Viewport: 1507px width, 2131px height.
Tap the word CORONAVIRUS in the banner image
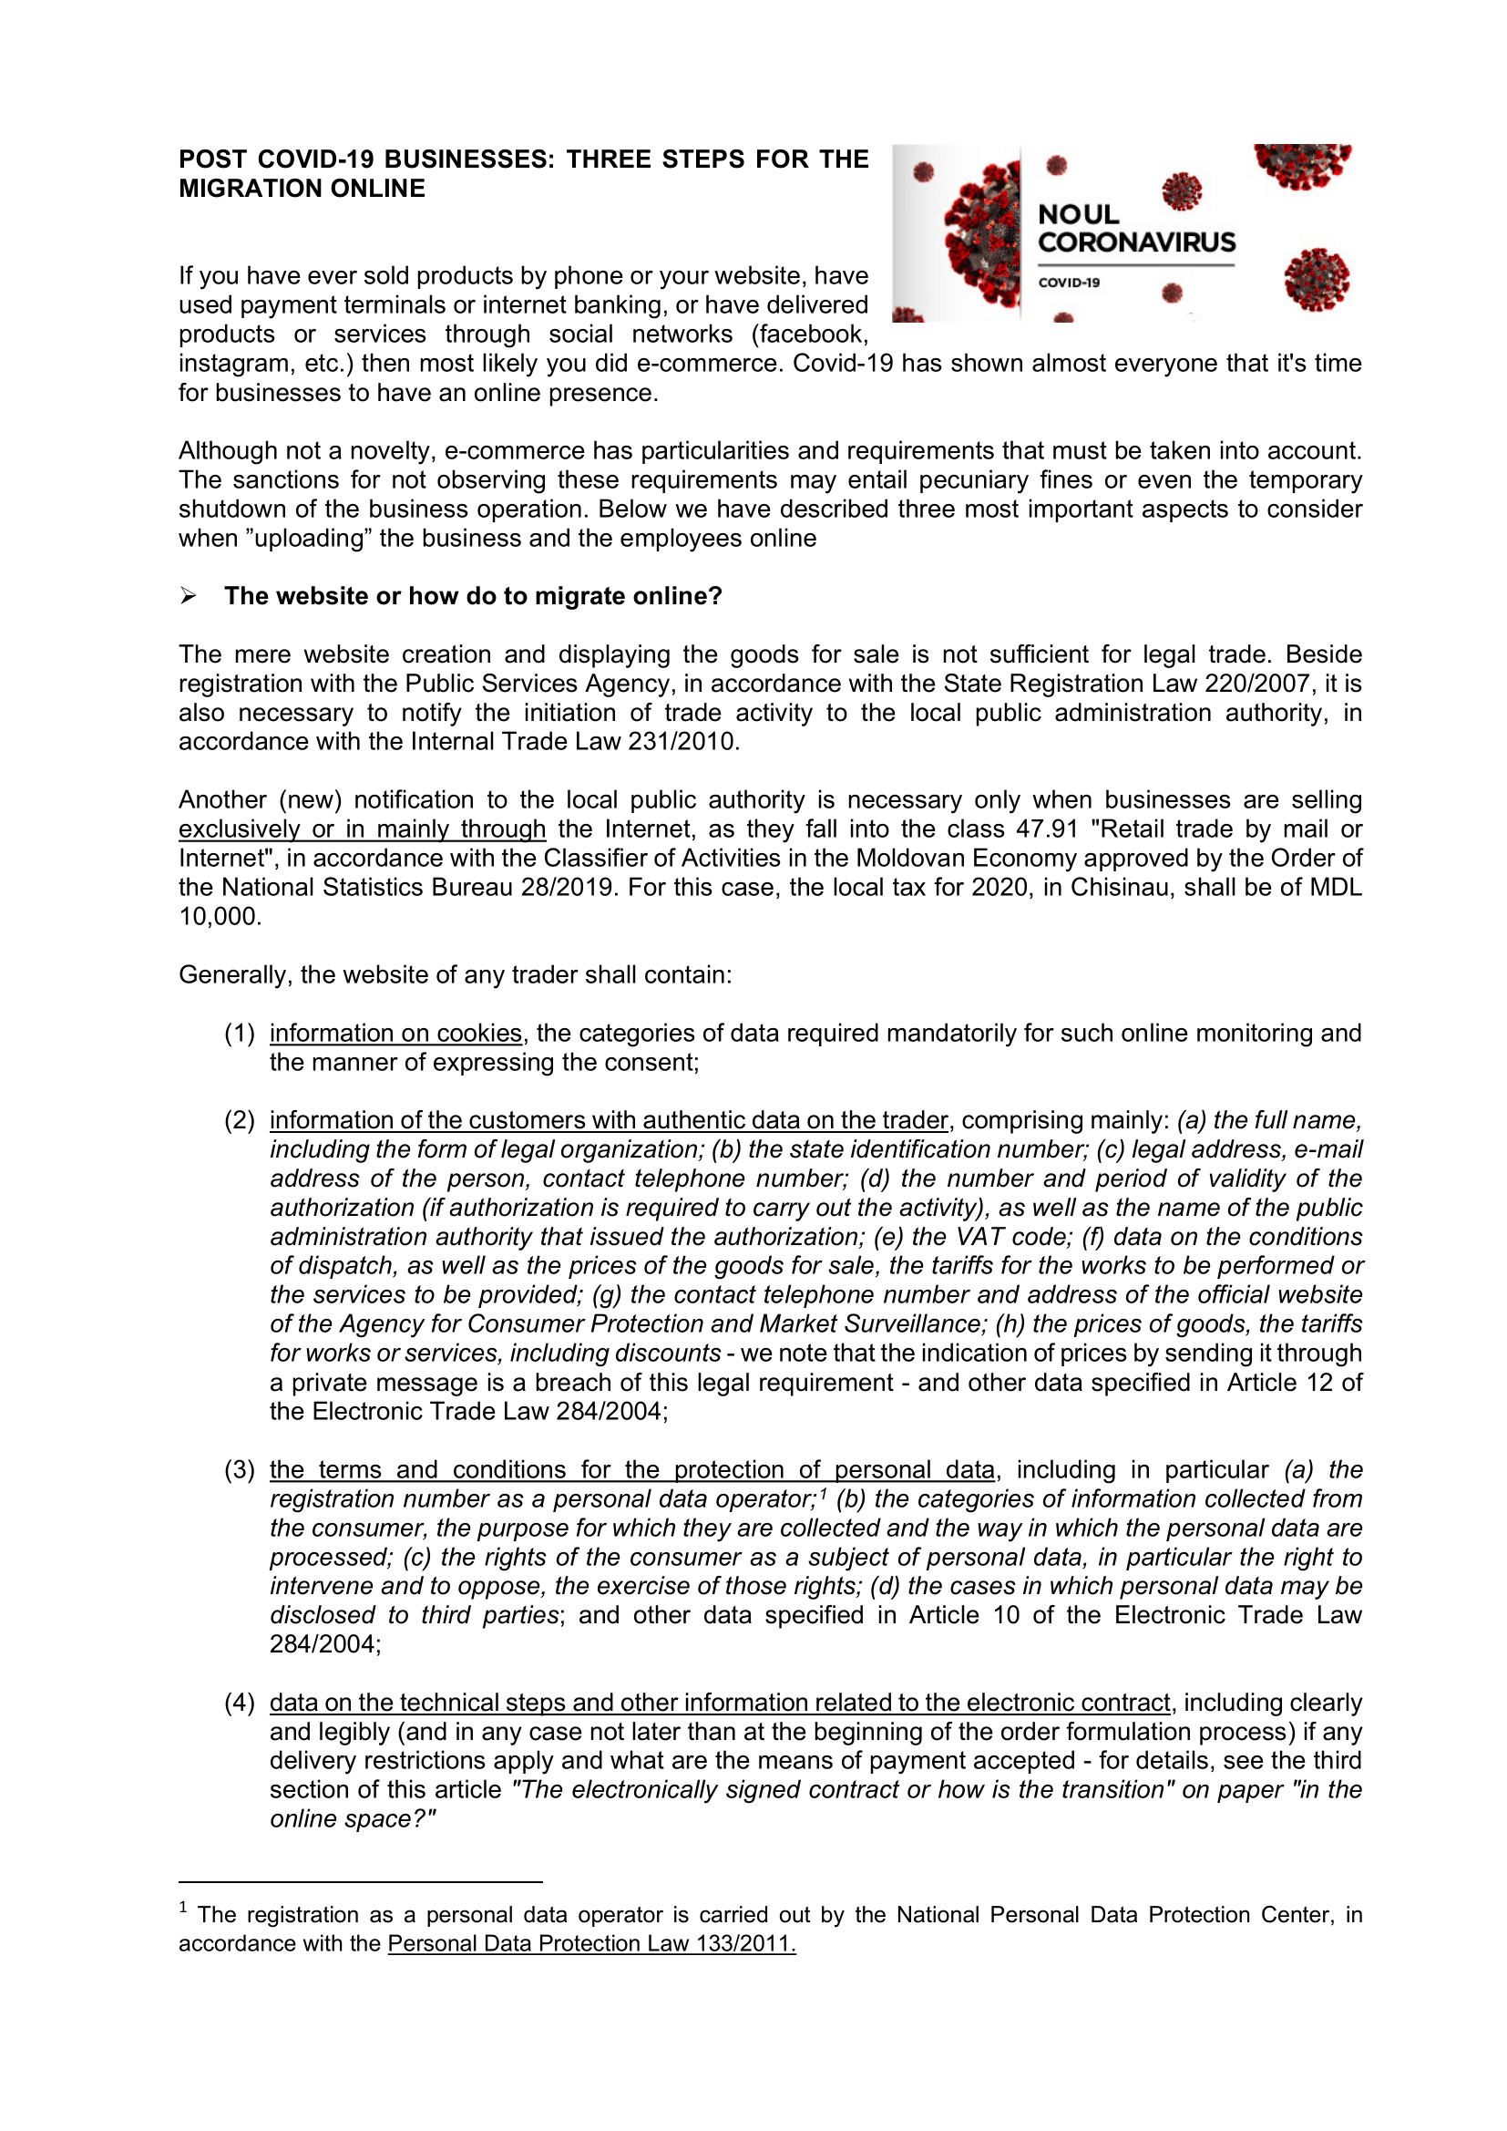(x=1136, y=242)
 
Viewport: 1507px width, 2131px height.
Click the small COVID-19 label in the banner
(x=1068, y=283)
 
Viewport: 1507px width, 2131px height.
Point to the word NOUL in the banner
(x=1077, y=214)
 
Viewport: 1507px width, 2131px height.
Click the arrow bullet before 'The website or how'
(x=189, y=596)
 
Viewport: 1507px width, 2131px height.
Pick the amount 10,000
(x=220, y=916)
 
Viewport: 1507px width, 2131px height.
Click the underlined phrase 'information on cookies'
(x=396, y=1033)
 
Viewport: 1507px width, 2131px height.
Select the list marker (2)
(x=240, y=1120)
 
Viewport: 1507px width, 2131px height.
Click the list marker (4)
(x=240, y=1703)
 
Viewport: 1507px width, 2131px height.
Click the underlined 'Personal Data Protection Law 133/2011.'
(x=591, y=1942)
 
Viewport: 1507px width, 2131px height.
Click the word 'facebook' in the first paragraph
(x=807, y=335)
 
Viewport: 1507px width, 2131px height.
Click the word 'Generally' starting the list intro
(x=233, y=974)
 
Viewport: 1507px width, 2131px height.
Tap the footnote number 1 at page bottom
(x=184, y=1909)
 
